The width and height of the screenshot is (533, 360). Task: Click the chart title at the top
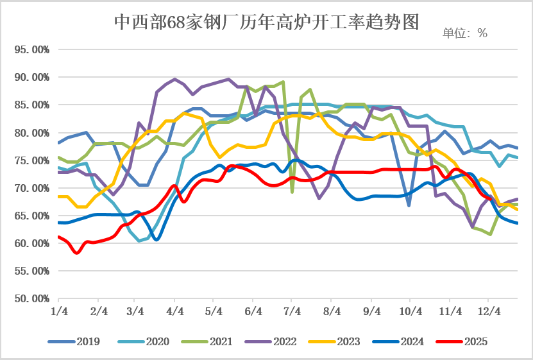coord(266,23)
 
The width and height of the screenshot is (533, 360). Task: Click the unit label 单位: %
coord(465,33)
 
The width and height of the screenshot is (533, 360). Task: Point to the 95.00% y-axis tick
coord(31,49)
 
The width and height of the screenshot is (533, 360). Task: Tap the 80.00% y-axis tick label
coord(31,133)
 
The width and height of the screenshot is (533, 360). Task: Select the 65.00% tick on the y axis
coord(31,216)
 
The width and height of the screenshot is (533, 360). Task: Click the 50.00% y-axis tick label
coord(31,299)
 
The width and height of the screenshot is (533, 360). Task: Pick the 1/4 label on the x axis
coord(59,312)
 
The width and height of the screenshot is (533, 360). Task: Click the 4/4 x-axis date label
coord(174,312)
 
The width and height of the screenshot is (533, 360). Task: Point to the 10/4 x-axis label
coord(410,312)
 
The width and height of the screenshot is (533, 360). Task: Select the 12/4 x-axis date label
coord(489,312)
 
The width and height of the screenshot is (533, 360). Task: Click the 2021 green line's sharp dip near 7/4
coord(292,191)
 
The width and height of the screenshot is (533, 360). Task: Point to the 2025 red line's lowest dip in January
coord(77,253)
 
